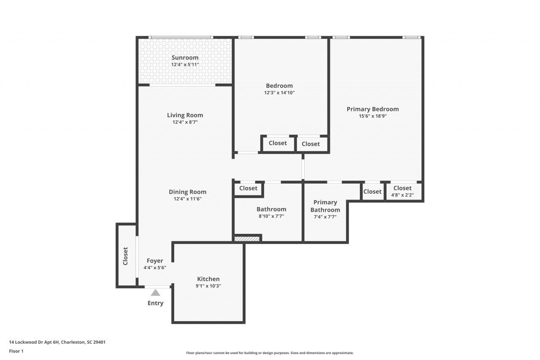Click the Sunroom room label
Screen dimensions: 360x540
click(185, 58)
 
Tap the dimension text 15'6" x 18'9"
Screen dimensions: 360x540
click(373, 116)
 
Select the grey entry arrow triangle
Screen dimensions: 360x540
click(156, 292)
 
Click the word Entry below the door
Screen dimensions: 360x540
click(155, 303)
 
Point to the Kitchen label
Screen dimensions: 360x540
click(208, 279)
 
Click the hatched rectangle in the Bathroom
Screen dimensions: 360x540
click(247, 239)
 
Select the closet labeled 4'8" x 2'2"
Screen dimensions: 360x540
click(402, 191)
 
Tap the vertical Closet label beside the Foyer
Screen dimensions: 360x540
click(125, 256)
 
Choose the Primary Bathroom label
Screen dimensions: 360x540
click(325, 206)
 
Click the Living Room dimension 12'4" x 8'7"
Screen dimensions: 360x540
click(185, 122)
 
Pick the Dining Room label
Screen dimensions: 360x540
click(188, 192)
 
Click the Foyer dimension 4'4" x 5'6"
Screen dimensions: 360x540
click(155, 268)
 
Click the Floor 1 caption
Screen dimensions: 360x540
click(16, 351)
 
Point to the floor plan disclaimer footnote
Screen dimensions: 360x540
click(270, 353)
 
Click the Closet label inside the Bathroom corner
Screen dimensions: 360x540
click(248, 188)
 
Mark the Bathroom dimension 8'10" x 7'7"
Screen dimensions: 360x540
click(271, 216)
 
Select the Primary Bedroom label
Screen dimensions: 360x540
click(373, 109)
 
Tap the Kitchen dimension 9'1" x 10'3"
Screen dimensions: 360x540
click(208, 286)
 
